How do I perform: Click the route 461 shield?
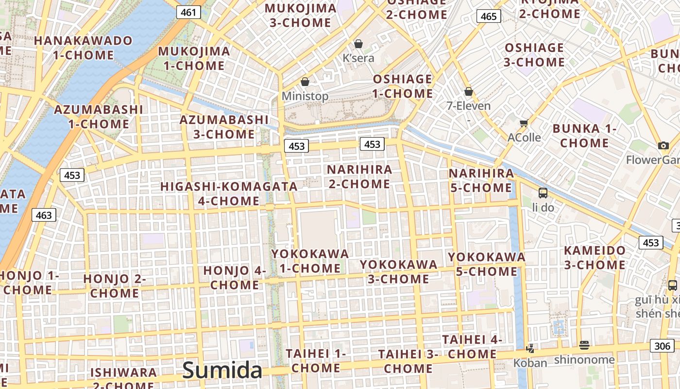188,12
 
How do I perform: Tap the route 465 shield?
489,17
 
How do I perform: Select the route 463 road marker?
44,215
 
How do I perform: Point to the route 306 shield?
662,346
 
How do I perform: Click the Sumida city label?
222,371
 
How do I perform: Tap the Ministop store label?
305,96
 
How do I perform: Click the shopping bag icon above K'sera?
358,44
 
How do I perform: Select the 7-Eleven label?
469,106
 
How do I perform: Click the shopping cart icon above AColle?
524,124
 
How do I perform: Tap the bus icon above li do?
543,193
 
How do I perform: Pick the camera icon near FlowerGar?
663,145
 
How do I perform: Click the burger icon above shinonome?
584,345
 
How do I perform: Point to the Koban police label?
530,363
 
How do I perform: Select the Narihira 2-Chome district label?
359,177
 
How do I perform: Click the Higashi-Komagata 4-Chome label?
229,194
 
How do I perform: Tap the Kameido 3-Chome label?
595,258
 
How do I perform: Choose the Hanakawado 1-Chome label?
83,48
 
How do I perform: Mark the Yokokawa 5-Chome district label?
487,264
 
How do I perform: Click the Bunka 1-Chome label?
584,136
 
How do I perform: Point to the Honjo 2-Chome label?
115,286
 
